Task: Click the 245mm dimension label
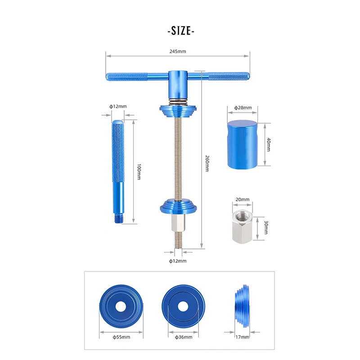pos(178,52)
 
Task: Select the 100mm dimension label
pos(139,172)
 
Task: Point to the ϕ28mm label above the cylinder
pos(243,108)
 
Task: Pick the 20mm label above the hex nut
pos(242,199)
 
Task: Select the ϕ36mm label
pos(182,337)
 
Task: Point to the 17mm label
pos(242,337)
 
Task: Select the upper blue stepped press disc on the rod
pos(180,109)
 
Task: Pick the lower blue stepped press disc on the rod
pos(180,206)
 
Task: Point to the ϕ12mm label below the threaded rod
pos(178,261)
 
